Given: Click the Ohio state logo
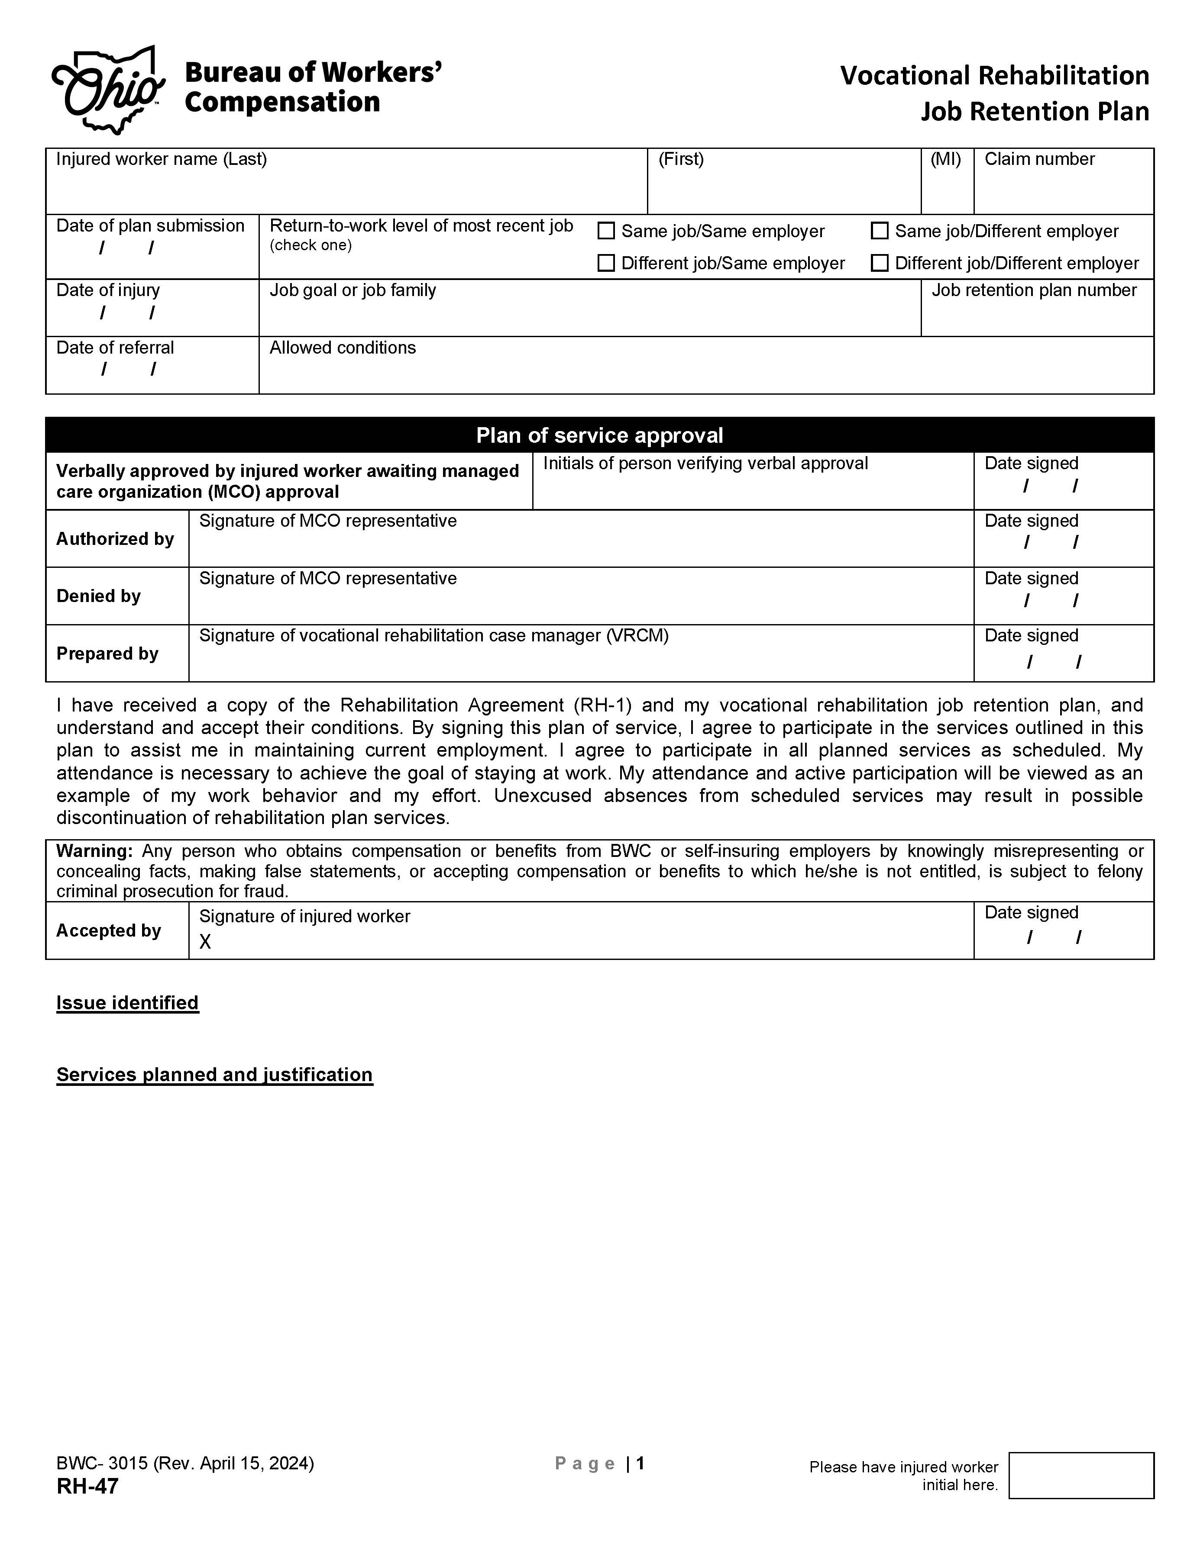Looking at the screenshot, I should coord(108,90).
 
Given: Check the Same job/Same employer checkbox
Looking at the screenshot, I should coord(606,231).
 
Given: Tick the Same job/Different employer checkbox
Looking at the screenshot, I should coord(880,231).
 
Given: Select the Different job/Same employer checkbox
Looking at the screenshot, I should coord(606,263).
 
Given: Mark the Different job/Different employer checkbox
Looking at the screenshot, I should coord(880,263).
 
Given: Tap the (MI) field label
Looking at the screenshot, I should coord(945,159).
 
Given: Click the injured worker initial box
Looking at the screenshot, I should coord(1080,1476).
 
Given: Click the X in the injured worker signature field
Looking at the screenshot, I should coord(205,942).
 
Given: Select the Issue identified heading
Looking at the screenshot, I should coord(127,1003).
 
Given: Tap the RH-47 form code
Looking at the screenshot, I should coord(87,1486).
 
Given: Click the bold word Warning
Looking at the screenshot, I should coord(94,851).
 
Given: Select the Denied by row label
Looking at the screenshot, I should coord(98,596).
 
